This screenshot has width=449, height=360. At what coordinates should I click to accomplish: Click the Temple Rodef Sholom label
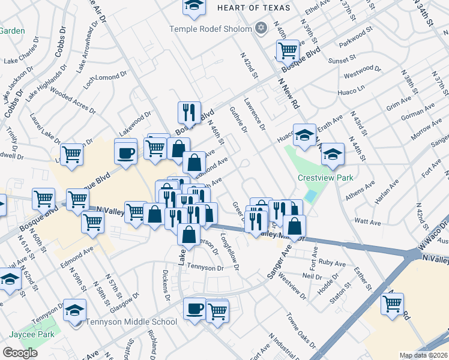pos(211,28)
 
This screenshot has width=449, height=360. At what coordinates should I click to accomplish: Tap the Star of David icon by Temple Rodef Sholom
pos(261,28)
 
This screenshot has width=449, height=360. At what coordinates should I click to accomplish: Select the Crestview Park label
pos(326,178)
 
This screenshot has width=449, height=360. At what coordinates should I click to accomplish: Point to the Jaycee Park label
pos(31,334)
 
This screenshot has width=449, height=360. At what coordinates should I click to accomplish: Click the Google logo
pos(20,353)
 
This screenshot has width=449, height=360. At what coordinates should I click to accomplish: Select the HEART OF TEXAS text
pos(253,8)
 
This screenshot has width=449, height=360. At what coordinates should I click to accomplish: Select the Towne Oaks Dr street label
pos(300,331)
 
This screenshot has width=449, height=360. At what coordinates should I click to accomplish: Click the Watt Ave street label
pos(368,223)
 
